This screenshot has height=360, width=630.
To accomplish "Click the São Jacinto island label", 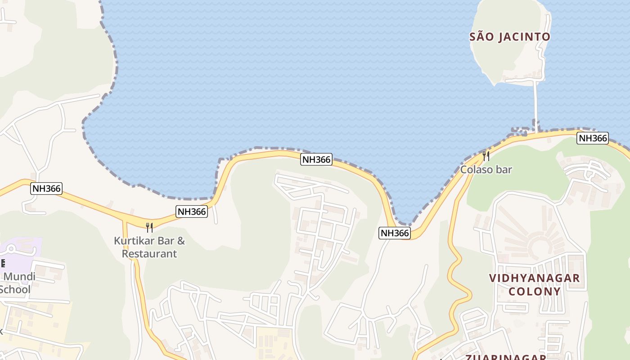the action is click(x=509, y=37).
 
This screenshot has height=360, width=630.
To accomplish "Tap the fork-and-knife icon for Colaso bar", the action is click(x=486, y=156).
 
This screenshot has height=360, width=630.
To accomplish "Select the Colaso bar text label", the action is click(x=486, y=170).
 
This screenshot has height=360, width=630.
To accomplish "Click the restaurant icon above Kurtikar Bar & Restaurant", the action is click(x=149, y=227).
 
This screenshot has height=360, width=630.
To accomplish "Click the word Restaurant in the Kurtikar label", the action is click(x=149, y=254).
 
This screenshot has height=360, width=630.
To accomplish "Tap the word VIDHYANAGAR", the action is click(x=535, y=278).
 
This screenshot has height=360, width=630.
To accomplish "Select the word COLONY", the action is click(x=535, y=291).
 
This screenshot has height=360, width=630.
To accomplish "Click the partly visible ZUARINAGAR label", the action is click(x=505, y=357).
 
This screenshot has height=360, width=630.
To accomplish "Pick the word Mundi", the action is click(x=19, y=276).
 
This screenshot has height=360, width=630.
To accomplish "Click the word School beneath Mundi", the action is click(x=15, y=289).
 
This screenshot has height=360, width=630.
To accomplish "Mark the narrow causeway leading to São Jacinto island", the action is click(x=536, y=103).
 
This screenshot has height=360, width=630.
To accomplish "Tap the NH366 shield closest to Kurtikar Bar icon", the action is click(x=192, y=211).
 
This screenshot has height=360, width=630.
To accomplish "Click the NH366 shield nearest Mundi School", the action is click(x=46, y=188).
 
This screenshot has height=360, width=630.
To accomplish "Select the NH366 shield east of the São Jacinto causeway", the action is click(x=593, y=138).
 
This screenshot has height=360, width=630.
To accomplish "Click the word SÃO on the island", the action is click(x=479, y=37).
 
